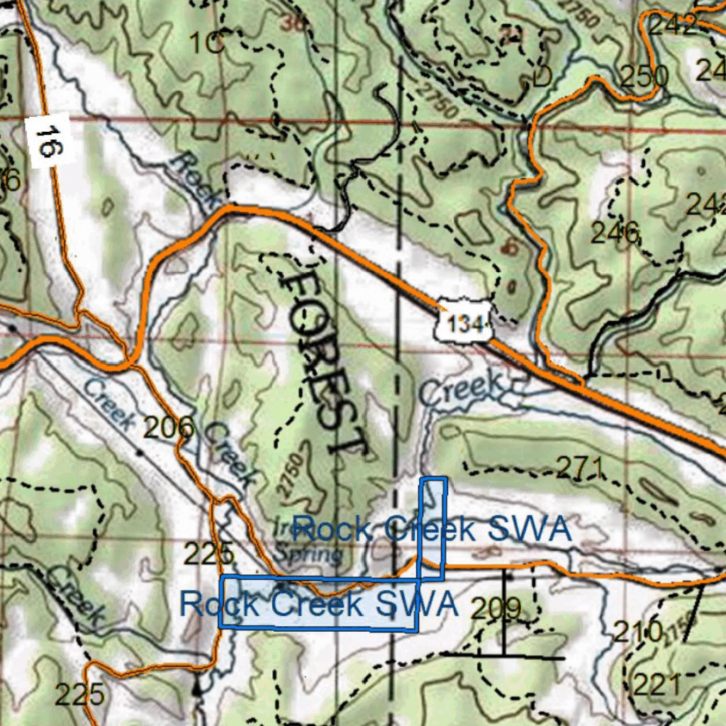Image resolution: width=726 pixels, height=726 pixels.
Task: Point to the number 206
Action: (x=169, y=428)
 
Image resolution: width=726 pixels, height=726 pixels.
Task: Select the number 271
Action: (x=580, y=467)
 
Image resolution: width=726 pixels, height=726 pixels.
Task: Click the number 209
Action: (x=496, y=608)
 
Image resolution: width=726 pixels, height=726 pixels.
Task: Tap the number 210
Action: (x=638, y=630)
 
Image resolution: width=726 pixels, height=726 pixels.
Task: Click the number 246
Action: (x=615, y=233)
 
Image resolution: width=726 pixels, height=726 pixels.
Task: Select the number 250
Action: (x=644, y=76)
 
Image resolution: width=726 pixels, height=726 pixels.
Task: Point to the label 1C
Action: (x=207, y=44)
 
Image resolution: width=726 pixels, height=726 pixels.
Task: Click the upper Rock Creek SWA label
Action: (x=431, y=530)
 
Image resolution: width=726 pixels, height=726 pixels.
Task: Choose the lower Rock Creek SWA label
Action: (x=318, y=604)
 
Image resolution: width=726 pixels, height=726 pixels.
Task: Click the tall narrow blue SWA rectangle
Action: (x=432, y=528)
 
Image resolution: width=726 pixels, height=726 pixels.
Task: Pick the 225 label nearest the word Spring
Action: (x=208, y=553)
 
